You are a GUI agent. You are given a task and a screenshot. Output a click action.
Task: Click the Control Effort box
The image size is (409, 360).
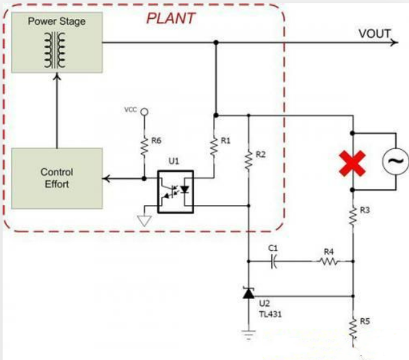[57, 178]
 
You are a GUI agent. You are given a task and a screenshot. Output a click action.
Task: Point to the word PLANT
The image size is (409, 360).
[171, 18]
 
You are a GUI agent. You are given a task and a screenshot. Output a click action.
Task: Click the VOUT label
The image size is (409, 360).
[375, 34]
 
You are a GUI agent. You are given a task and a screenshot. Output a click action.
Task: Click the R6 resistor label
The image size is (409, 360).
[156, 140]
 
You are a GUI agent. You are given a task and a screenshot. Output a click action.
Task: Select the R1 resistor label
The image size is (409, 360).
[226, 140]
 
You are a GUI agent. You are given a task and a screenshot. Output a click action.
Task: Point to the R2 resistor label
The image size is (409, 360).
[261, 154]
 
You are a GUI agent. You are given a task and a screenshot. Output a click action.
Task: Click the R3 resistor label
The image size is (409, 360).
[365, 210]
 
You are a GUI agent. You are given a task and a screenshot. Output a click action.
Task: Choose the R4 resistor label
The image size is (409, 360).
[330, 250]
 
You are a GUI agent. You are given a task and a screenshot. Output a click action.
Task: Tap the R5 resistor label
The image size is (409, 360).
[365, 320]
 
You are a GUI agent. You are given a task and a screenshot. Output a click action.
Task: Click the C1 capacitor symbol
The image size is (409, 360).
[274, 262]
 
